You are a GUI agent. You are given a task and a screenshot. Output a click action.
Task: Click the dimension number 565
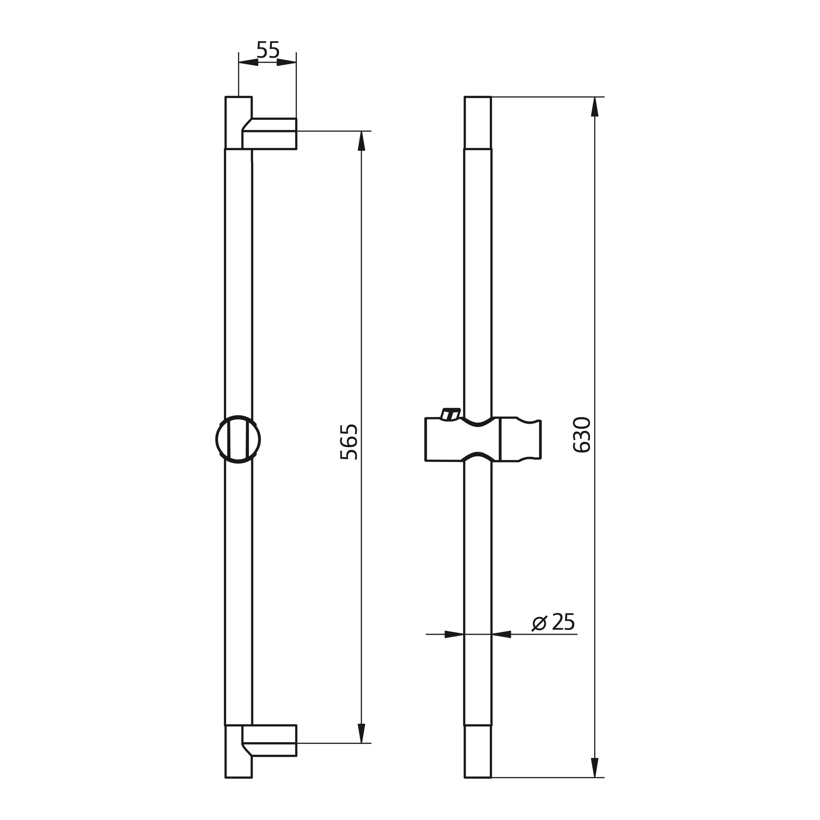(349, 441)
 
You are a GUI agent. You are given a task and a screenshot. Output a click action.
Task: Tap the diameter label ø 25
(553, 622)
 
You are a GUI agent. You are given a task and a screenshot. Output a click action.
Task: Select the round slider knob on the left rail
(238, 439)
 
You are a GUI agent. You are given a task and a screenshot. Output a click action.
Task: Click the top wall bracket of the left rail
(269, 134)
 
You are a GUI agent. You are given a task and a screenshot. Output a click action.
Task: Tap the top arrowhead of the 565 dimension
(362, 141)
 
